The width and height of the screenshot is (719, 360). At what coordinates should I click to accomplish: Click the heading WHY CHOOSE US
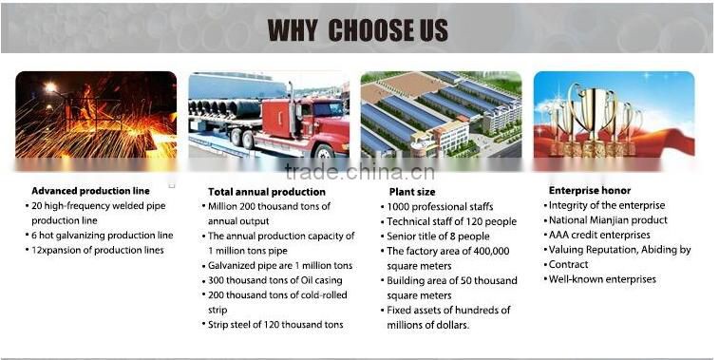click(x=358, y=28)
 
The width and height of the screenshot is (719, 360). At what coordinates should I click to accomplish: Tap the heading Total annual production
click(x=266, y=192)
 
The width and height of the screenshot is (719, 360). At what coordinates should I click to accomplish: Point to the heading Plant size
click(x=406, y=191)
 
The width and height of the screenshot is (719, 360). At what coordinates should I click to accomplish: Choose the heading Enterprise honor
click(x=591, y=191)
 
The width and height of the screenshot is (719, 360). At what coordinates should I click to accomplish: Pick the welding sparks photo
click(x=96, y=114)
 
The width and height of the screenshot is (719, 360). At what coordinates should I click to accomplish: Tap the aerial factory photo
click(x=441, y=114)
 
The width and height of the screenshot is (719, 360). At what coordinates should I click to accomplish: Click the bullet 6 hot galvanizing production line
click(x=102, y=236)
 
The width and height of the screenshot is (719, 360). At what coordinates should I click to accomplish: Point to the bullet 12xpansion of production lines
click(x=97, y=250)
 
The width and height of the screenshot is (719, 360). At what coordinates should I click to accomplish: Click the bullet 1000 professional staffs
click(x=438, y=206)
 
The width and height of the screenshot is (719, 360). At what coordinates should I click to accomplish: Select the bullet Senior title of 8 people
click(x=438, y=236)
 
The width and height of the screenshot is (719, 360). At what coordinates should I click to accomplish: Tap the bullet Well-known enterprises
click(x=602, y=279)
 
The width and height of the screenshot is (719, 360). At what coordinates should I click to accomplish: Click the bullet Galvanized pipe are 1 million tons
click(x=279, y=265)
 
